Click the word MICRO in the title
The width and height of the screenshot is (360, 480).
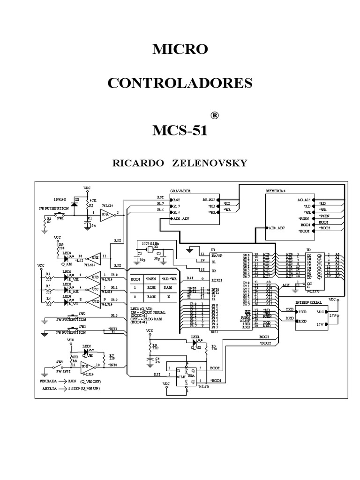[x=180, y=49]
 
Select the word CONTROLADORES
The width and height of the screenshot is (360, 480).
[x=180, y=83]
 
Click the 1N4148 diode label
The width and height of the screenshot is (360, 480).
[x=60, y=199]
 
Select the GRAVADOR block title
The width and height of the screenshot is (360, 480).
[x=181, y=191]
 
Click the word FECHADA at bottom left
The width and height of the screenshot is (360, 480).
[x=49, y=382]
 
